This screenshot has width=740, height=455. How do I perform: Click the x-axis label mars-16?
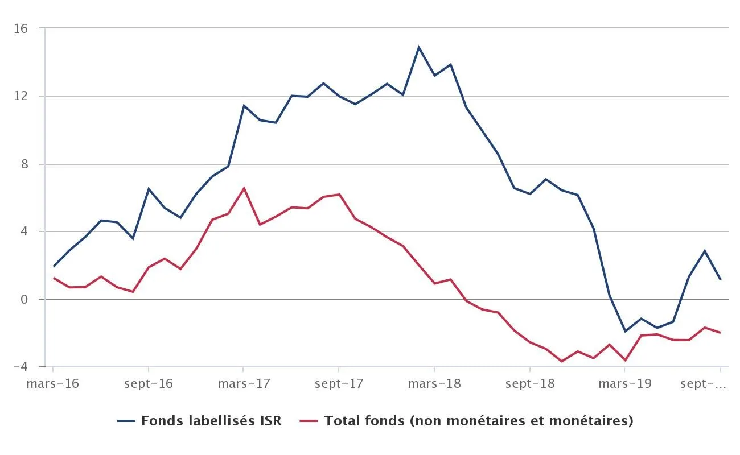pos(53,384)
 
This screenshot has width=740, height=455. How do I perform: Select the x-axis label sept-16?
pos(149,384)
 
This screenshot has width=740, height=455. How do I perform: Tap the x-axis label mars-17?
pos(244,384)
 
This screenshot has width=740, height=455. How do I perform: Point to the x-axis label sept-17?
pos(339,384)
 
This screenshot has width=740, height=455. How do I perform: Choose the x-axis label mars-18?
pos(434,384)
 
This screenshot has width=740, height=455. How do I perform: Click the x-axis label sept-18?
pos(529,384)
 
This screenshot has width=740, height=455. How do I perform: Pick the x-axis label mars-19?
pos(624,384)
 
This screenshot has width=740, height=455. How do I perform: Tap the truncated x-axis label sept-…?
pos(704,384)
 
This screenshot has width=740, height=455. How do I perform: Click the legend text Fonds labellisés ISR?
pos(211,421)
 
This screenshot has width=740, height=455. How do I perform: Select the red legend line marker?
pos(309,421)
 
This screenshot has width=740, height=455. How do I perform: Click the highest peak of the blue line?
pos(419,47)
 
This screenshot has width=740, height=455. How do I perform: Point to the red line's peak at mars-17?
pos(244,188)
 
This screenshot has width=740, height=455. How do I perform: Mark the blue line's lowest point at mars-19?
pos(625,331)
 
